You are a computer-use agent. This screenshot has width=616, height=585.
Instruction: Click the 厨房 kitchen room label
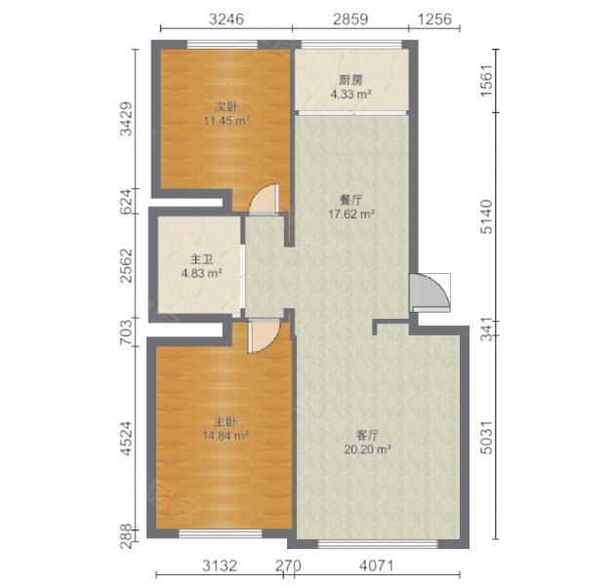pyautogui.click(x=350, y=80)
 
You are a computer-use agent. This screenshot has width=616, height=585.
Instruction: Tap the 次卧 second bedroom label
pyautogui.click(x=226, y=106)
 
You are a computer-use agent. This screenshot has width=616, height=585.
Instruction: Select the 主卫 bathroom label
pyautogui.click(x=201, y=259)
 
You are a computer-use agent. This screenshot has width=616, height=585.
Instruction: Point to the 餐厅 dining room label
pyautogui.click(x=350, y=200)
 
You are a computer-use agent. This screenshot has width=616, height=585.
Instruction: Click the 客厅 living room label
pyautogui.click(x=367, y=435)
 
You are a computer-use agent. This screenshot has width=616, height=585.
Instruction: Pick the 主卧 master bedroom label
pyautogui.click(x=226, y=422)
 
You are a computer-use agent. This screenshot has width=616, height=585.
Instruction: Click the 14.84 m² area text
pyautogui.click(x=226, y=436)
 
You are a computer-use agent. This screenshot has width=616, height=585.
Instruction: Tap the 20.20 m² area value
pyautogui.click(x=367, y=448)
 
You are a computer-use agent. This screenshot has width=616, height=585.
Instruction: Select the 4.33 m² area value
pyautogui.click(x=350, y=95)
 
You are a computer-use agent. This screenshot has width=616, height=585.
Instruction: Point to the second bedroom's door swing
pyautogui.click(x=265, y=199)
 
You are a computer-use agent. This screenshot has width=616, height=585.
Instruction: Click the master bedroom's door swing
pyautogui.click(x=264, y=335)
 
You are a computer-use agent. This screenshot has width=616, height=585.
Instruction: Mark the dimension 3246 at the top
pyautogui.click(x=226, y=19)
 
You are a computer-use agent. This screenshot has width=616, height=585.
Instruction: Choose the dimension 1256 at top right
pyautogui.click(x=434, y=19)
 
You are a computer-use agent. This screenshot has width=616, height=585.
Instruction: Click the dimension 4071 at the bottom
pyautogui.click(x=376, y=565)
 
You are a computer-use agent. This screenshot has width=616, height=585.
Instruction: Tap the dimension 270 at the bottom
pyautogui.click(x=288, y=565)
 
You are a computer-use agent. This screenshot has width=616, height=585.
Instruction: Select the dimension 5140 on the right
pyautogui.click(x=486, y=216)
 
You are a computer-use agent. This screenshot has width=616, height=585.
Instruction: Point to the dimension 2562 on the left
pyautogui.click(x=127, y=265)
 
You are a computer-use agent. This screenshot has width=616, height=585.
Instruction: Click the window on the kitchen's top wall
pyautogui.click(x=351, y=44)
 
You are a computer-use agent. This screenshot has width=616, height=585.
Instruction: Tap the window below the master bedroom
pyautogui.click(x=221, y=533)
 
